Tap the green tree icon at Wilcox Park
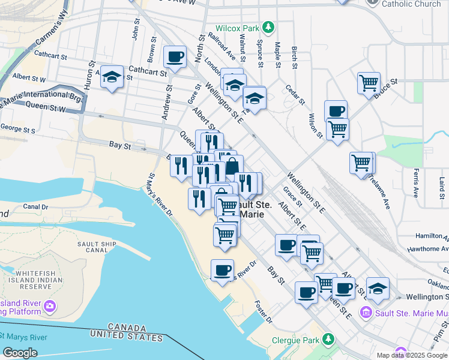(269, 27)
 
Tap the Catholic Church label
(412, 4)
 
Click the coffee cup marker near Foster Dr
(222, 271)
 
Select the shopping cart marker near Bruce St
(368, 82)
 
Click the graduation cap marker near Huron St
(112, 76)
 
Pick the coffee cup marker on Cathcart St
(175, 57)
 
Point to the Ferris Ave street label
(415, 184)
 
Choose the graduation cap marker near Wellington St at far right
(378, 288)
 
